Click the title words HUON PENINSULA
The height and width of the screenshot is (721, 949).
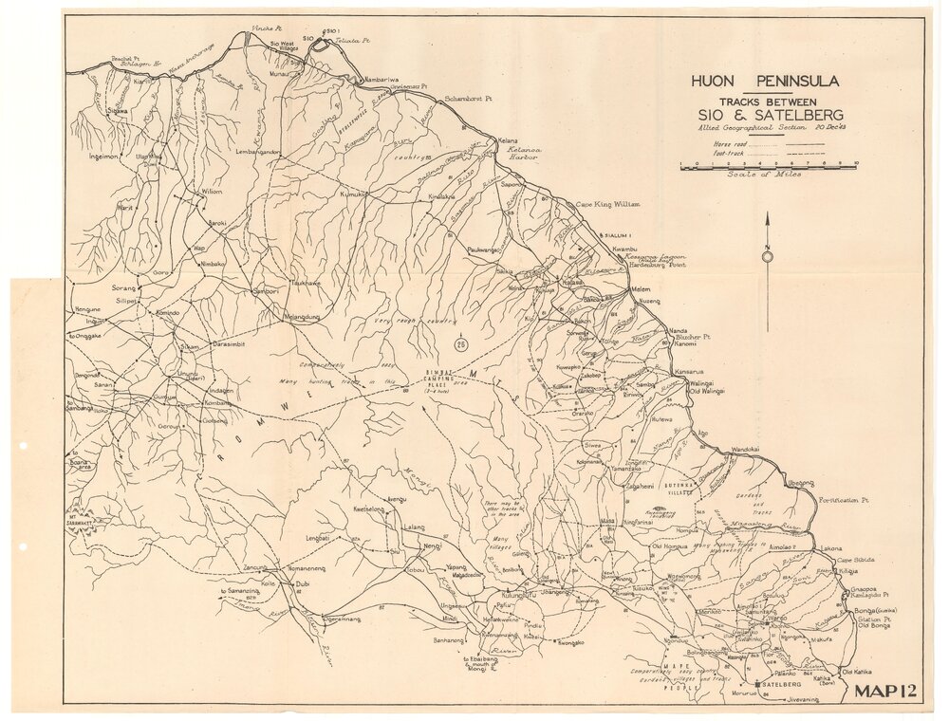pyautogui.click(x=765, y=82)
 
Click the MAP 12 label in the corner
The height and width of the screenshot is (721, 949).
pyautogui.click(x=885, y=691)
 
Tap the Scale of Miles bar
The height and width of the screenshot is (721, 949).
pyautogui.click(x=769, y=165)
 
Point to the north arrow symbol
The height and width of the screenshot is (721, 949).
pyautogui.click(x=767, y=254)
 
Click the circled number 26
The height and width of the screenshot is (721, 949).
pyautogui.click(x=460, y=344)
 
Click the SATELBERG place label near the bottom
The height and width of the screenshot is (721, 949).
pyautogui.click(x=782, y=684)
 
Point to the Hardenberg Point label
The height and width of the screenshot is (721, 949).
pyautogui.click(x=656, y=266)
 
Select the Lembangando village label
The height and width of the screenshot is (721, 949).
pyautogui.click(x=258, y=152)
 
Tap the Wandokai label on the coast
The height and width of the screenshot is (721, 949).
pyautogui.click(x=746, y=449)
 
